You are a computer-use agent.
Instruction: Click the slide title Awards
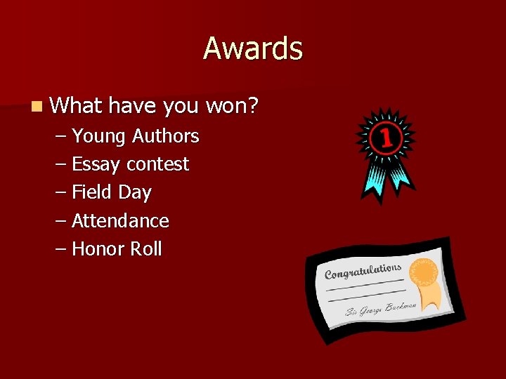pyautogui.click(x=253, y=49)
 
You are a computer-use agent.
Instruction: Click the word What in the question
pyautogui.click(x=77, y=106)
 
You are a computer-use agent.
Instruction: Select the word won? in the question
pyautogui.click(x=233, y=106)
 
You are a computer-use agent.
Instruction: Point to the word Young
pyautogui.click(x=100, y=136)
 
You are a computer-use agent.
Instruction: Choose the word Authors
pyautogui.click(x=166, y=136)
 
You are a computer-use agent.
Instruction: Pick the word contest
pyautogui.click(x=158, y=164)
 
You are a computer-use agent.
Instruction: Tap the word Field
pyautogui.click(x=92, y=192)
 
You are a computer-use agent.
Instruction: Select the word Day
pyautogui.click(x=135, y=192)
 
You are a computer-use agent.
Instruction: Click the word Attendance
pyautogui.click(x=120, y=220)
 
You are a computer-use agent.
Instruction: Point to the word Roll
pyautogui.click(x=145, y=248)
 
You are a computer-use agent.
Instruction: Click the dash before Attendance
pyautogui.click(x=61, y=220)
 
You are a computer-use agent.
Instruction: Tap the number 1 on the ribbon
pyautogui.click(x=386, y=138)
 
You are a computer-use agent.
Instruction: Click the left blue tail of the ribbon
pyautogui.click(x=371, y=184)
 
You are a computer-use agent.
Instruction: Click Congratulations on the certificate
pyautogui.click(x=363, y=271)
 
